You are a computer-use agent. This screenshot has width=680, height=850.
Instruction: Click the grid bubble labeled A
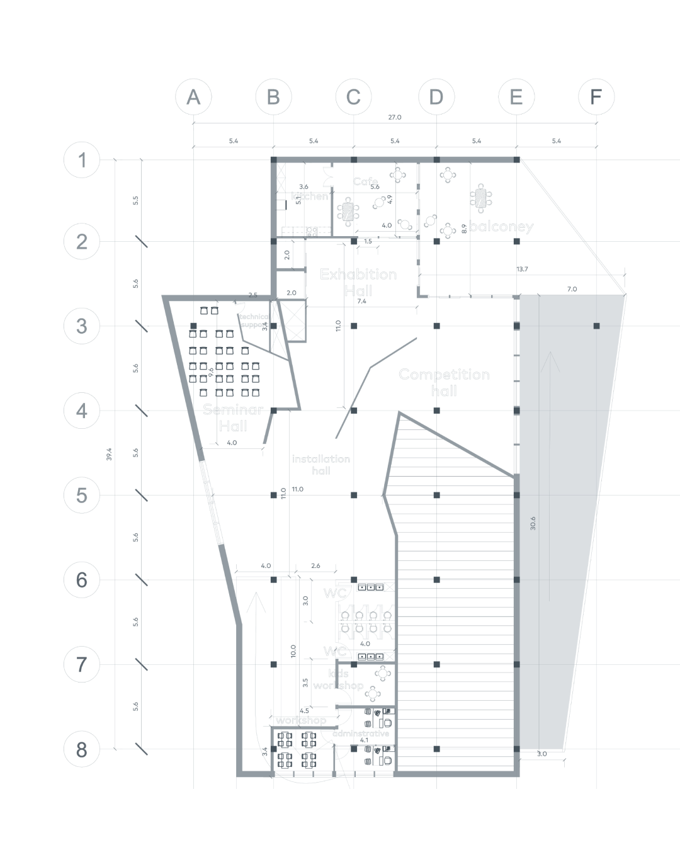pyautogui.click(x=193, y=97)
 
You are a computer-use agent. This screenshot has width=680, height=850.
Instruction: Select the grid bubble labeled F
pyautogui.click(x=596, y=97)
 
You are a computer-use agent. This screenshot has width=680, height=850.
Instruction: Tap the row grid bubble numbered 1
pyautogui.click(x=82, y=160)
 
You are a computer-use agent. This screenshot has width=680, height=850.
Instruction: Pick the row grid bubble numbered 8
pyautogui.click(x=82, y=749)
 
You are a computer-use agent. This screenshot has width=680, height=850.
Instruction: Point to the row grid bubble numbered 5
pyautogui.click(x=82, y=496)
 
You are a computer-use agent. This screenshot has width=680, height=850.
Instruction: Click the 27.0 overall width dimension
pyautogui.click(x=394, y=118)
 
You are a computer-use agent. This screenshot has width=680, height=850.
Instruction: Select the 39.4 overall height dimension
pyautogui.click(x=110, y=454)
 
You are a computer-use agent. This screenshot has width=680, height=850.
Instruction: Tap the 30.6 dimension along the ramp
pyautogui.click(x=533, y=523)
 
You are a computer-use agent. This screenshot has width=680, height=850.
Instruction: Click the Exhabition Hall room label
pyautogui.click(x=358, y=282)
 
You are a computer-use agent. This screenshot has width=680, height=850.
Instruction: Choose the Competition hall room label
pyautogui.click(x=444, y=382)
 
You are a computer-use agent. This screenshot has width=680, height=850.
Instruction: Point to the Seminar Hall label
pyautogui.click(x=233, y=418)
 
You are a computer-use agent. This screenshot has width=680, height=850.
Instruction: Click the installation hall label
pyautogui.click(x=321, y=465)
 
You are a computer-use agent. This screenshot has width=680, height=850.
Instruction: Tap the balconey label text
pyautogui.click(x=501, y=227)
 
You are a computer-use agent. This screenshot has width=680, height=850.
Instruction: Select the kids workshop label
pyautogui.click(x=339, y=679)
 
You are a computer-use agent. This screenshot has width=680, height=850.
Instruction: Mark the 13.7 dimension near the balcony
pyautogui.click(x=522, y=269)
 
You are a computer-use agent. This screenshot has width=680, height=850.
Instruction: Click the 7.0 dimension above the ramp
pyautogui.click(x=572, y=290)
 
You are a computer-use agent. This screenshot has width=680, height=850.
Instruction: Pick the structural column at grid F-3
pyautogui.click(x=596, y=326)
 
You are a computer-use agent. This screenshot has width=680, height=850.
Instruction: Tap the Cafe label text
pyautogui.click(x=365, y=181)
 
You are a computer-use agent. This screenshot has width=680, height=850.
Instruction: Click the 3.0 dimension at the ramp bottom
pyautogui.click(x=542, y=754)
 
